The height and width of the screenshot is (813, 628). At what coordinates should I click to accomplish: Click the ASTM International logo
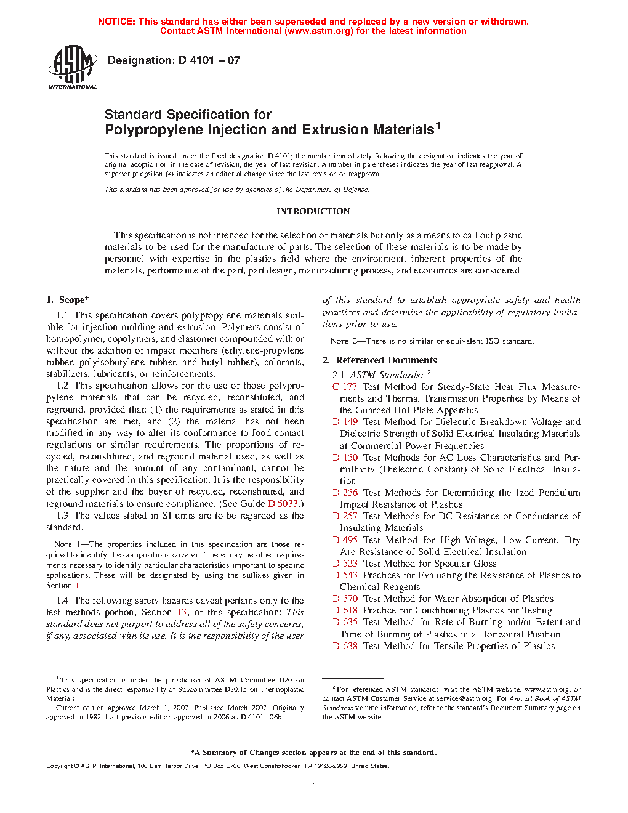73,68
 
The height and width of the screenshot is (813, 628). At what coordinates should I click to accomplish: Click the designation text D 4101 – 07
174,60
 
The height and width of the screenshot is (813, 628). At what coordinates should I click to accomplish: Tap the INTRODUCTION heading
313,211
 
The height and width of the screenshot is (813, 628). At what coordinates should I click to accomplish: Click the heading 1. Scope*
68,300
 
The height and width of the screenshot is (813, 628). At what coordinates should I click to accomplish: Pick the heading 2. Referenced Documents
380,360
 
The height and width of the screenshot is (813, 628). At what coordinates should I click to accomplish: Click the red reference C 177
345,387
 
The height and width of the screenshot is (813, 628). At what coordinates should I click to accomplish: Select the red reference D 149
345,422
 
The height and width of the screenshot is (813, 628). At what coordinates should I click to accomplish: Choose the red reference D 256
345,493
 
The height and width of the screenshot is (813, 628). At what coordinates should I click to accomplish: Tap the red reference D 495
345,540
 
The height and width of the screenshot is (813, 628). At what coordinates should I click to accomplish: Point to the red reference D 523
345,564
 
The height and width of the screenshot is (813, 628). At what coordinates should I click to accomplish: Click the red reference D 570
345,599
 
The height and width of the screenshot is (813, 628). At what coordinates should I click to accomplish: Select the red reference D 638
345,646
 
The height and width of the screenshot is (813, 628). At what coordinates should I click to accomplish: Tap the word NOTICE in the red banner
116,22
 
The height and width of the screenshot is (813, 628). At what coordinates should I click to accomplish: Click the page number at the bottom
313,782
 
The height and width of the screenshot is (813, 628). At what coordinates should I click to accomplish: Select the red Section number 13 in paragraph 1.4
182,612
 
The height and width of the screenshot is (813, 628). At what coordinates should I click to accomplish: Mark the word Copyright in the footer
59,766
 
